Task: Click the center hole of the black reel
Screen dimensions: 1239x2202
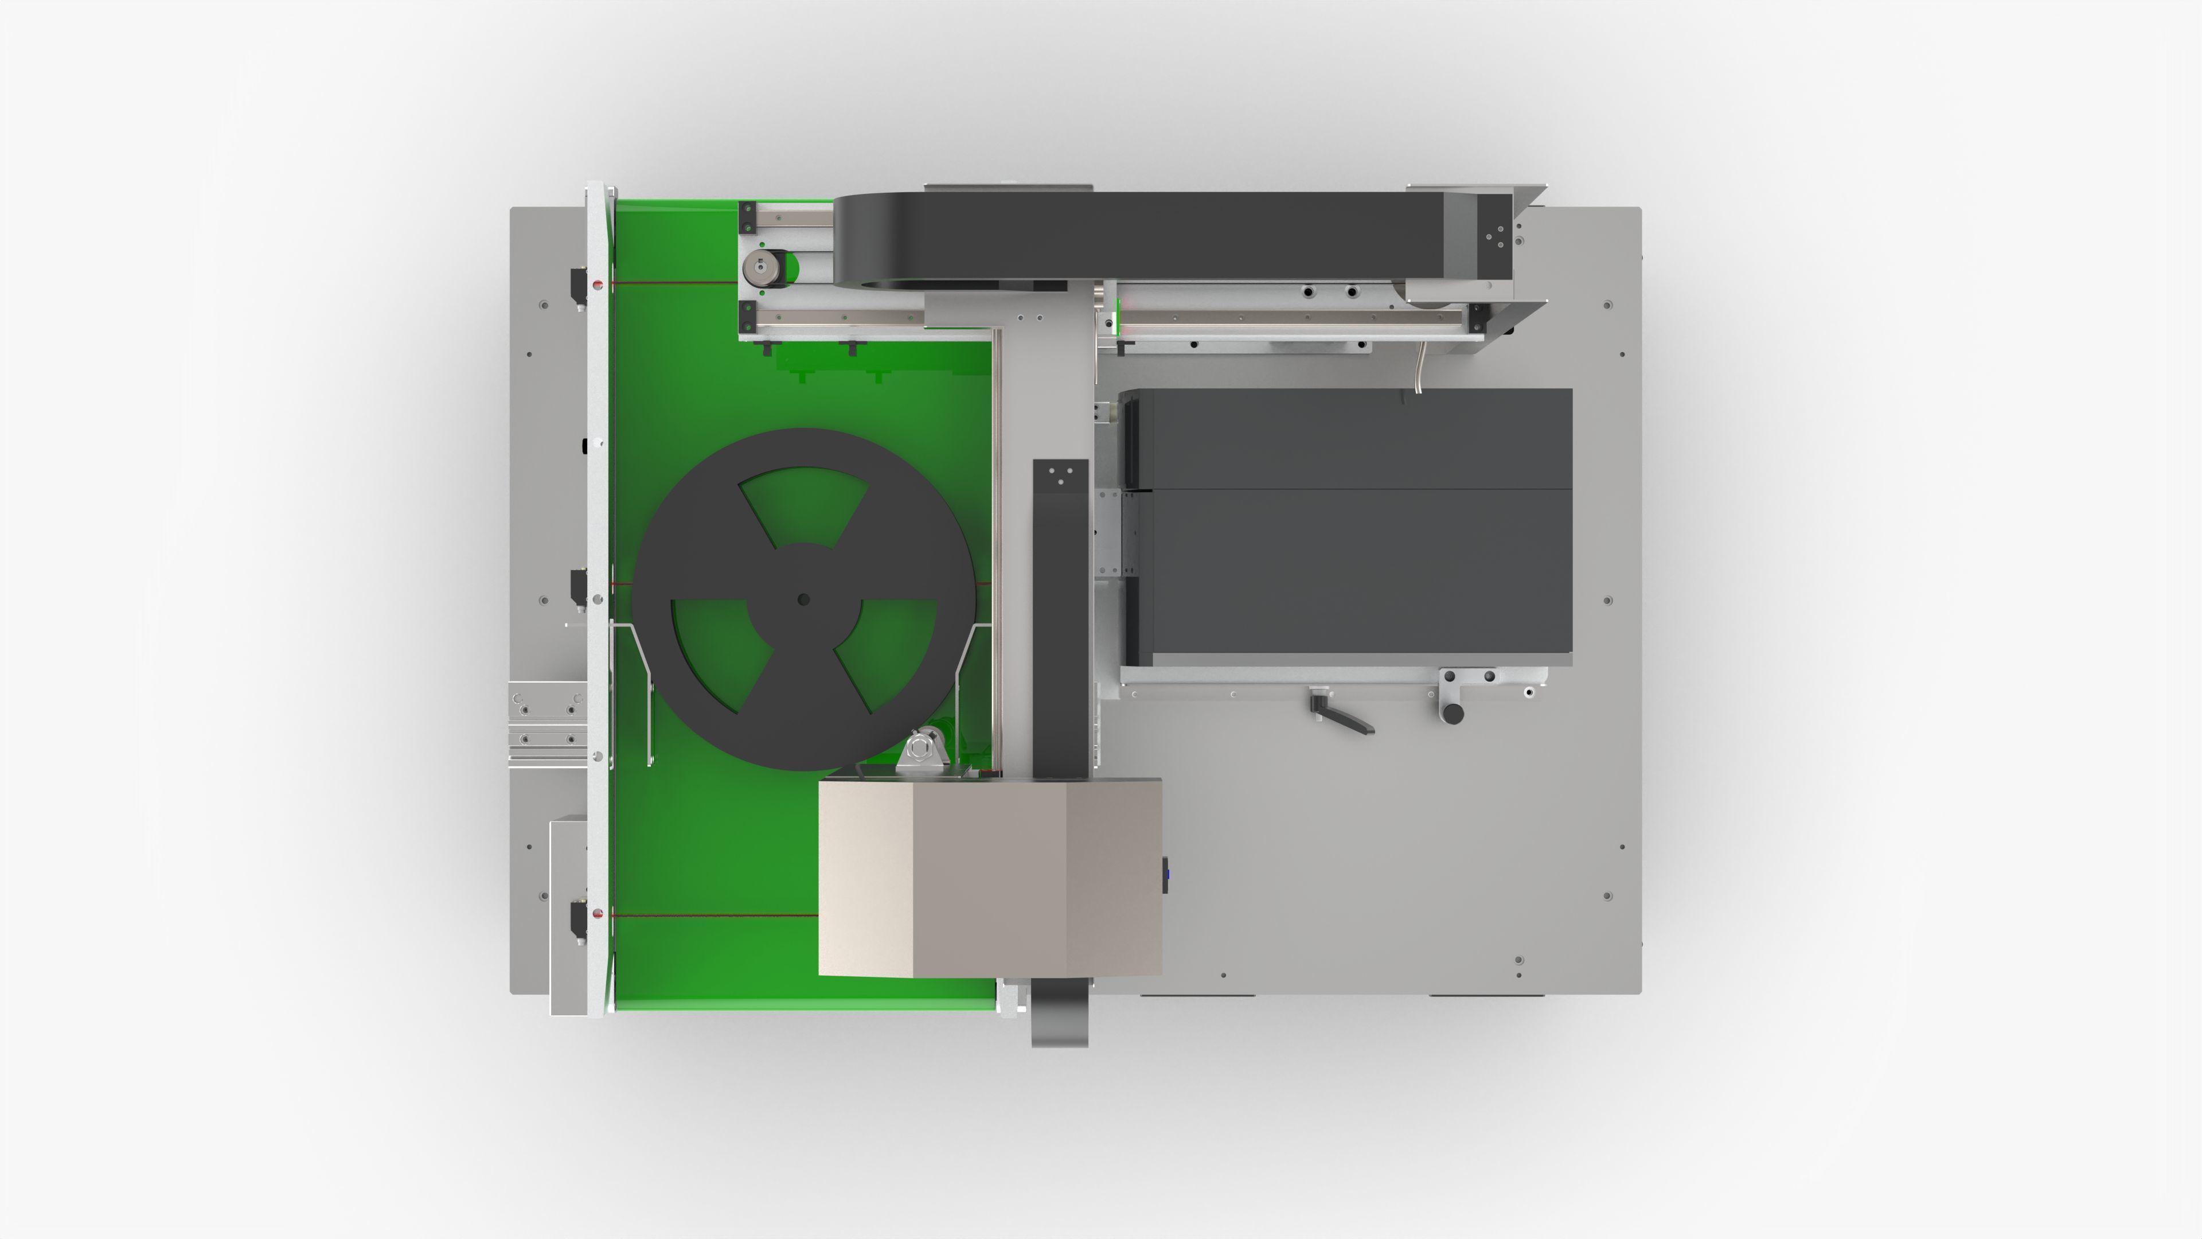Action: pyautogui.click(x=803, y=599)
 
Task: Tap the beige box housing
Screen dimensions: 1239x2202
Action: pyautogui.click(x=990, y=876)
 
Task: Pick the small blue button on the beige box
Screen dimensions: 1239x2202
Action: pyautogui.click(x=1166, y=875)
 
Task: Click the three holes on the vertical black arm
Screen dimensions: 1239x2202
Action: pyautogui.click(x=1061, y=476)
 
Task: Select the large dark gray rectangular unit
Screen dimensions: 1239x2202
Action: pyautogui.click(x=1348, y=527)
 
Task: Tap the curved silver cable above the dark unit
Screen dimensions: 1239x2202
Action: pyautogui.click(x=1420, y=368)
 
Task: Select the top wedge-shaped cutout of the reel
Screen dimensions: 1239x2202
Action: pyautogui.click(x=803, y=505)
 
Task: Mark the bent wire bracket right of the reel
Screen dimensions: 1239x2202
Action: pyautogui.click(x=971, y=684)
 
